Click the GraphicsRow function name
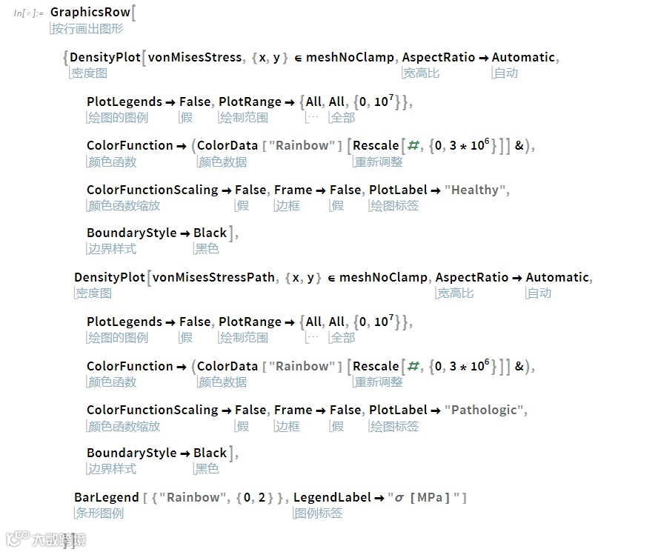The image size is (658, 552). click(90, 13)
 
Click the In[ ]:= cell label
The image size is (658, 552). click(28, 13)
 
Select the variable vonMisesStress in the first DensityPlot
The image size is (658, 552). click(195, 57)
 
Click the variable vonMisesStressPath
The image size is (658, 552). click(213, 277)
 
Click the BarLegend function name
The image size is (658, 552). click(106, 497)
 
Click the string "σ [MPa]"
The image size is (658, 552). click(426, 497)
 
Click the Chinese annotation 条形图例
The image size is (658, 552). click(99, 513)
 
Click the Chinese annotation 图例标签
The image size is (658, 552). click(319, 513)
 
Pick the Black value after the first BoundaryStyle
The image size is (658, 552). click(210, 233)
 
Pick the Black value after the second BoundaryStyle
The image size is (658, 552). click(210, 453)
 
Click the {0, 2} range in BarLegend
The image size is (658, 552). click(255, 497)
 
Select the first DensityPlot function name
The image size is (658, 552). click(105, 57)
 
